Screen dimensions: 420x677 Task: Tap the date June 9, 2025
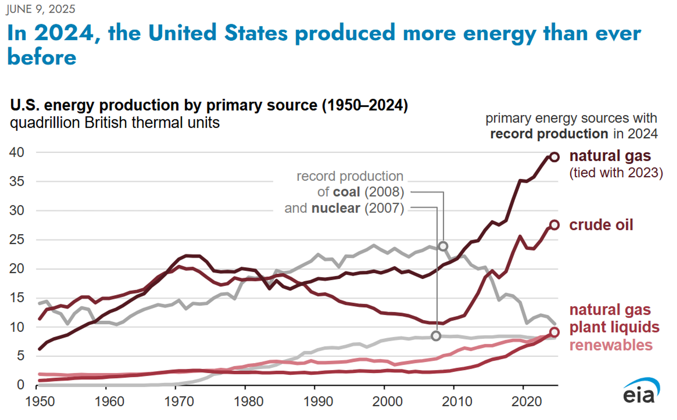click(x=41, y=9)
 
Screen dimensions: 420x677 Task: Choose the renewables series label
click(x=611, y=345)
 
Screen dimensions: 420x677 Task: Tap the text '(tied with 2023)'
click(x=616, y=173)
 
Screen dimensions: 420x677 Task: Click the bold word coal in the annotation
click(x=346, y=192)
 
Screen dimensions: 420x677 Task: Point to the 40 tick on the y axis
click(x=17, y=152)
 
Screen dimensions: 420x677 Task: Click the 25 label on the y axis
click(x=17, y=240)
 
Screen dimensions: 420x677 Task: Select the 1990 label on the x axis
click(x=318, y=402)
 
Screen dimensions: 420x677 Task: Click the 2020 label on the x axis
click(x=526, y=402)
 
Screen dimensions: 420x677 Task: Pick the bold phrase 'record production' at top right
click(x=549, y=134)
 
